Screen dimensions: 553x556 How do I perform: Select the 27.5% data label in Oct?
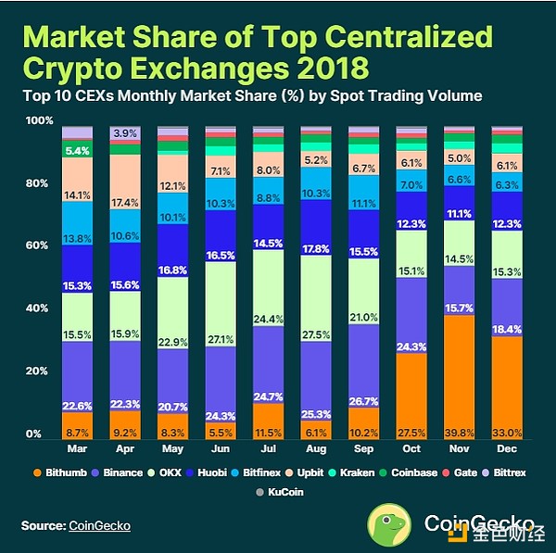click(x=411, y=432)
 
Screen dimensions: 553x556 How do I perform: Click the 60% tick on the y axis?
click(x=38, y=245)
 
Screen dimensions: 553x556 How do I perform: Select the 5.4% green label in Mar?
click(x=77, y=150)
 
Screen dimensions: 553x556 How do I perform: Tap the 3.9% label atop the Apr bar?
click(x=125, y=134)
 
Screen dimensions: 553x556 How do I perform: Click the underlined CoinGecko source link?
click(x=99, y=526)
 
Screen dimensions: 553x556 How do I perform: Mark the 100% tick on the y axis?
click(x=38, y=121)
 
